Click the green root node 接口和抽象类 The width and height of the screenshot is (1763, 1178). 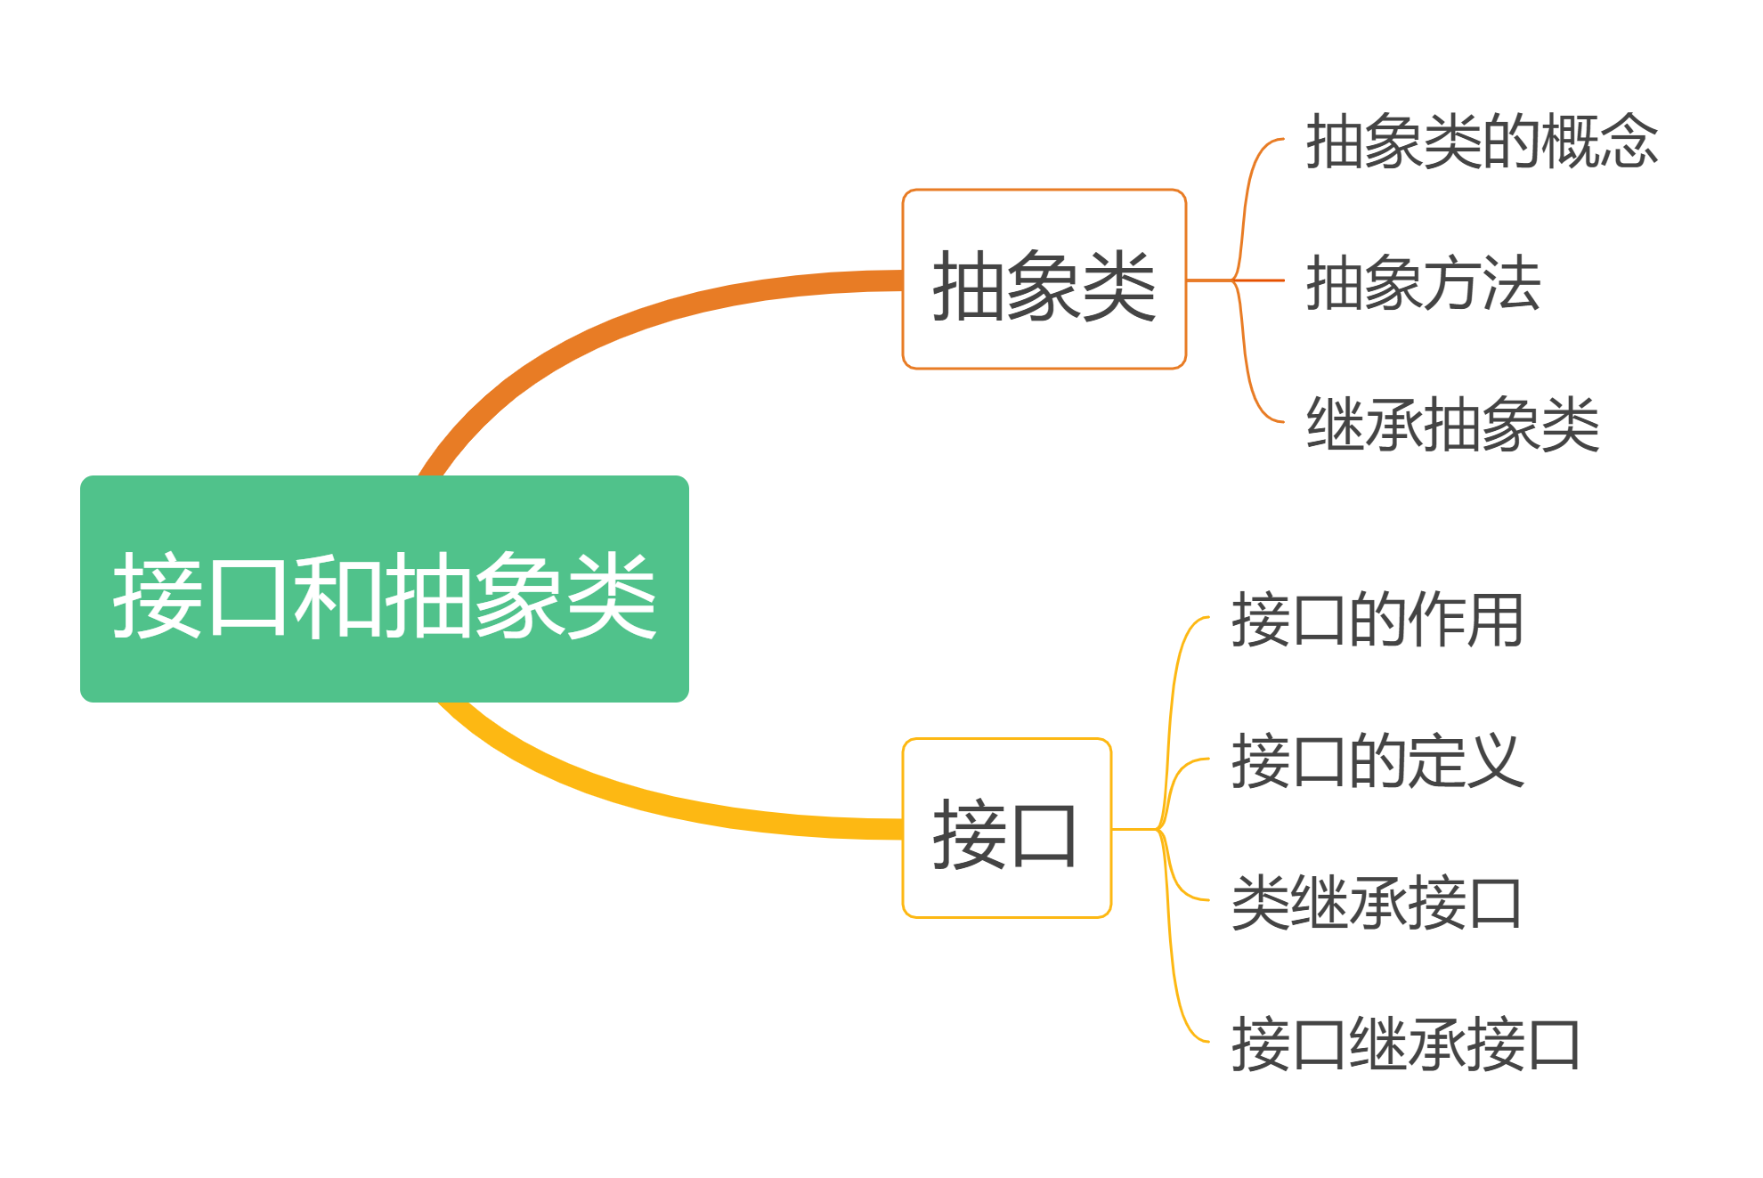tap(384, 589)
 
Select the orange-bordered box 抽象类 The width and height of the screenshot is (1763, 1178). tap(1044, 279)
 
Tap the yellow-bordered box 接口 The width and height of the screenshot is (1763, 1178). tap(1006, 828)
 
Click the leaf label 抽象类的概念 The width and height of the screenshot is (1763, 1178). tap(1482, 142)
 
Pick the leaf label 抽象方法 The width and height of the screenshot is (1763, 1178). tap(1423, 282)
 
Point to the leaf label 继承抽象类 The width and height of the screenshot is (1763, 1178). tap(1452, 424)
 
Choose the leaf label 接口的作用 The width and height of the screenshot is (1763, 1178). tap(1377, 619)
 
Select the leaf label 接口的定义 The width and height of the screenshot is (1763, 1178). tap(1377, 760)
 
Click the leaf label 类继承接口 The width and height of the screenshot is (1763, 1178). tap(1377, 902)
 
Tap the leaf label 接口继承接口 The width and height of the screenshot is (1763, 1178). tap(1406, 1044)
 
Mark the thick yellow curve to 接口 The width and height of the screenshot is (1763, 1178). tap(641, 792)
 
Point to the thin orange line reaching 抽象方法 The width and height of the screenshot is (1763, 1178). tap(1260, 280)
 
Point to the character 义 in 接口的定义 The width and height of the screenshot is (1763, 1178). tap(1495, 760)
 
